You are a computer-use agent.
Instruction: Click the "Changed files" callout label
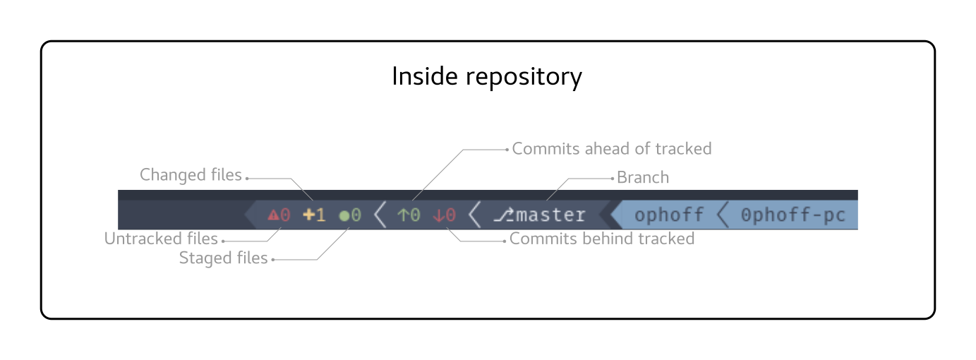[191, 175]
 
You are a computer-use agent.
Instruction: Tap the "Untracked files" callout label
[162, 239]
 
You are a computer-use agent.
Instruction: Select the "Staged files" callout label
[224, 258]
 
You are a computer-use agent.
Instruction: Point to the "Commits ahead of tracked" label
[611, 149]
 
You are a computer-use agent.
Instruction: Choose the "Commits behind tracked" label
[602, 239]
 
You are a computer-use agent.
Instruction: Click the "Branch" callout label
[643, 177]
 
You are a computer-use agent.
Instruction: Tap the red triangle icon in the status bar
[273, 215]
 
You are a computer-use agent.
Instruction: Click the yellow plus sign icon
[308, 215]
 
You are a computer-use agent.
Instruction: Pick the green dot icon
[344, 215]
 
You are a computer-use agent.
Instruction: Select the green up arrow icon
[402, 215]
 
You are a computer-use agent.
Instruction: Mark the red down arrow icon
[438, 215]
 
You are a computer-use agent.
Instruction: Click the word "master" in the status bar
[551, 215]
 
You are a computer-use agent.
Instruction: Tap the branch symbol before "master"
[503, 215]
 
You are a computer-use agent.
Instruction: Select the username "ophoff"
[669, 215]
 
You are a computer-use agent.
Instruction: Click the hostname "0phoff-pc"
[793, 215]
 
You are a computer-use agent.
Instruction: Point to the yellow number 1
[320, 215]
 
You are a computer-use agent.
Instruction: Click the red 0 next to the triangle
[285, 215]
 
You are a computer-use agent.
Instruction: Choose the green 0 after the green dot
[356, 215]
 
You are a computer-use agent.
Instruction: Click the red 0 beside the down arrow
[450, 215]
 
